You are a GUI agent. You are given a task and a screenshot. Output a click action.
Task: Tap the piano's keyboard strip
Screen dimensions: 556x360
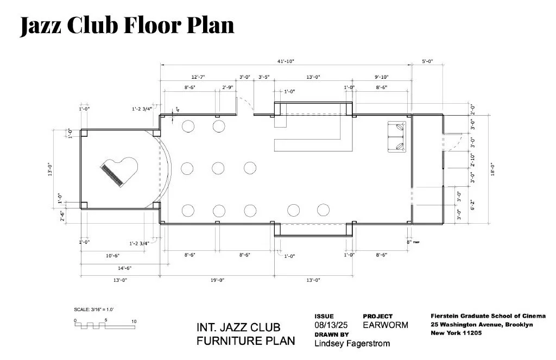coord(112,175)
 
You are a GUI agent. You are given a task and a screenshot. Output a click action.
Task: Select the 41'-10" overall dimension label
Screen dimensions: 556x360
coord(286,61)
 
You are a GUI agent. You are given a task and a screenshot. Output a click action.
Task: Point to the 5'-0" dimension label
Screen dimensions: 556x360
coord(427,61)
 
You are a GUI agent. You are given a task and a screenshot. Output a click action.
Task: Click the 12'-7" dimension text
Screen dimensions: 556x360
coord(198,77)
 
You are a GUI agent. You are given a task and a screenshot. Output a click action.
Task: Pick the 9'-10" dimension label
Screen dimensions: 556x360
coord(382,77)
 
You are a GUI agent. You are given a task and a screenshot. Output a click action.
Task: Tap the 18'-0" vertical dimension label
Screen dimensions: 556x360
coord(492,169)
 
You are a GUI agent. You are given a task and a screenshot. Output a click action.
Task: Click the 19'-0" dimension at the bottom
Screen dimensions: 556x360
coord(217,280)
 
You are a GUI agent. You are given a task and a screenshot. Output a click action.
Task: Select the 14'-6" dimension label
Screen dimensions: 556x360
coord(124,268)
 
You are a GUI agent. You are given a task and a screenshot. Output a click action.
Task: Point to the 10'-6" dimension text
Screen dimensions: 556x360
coord(112,256)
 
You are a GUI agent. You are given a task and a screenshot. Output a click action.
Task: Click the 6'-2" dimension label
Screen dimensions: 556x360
coord(472,205)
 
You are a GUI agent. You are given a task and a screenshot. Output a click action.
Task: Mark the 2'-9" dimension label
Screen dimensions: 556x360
coord(228,87)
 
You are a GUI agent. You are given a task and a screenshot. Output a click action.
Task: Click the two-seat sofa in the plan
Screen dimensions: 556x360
coord(397,137)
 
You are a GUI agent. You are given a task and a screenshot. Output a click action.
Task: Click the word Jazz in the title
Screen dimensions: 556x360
coord(40,26)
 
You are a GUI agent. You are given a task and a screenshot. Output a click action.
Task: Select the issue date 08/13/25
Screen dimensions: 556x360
coord(331,325)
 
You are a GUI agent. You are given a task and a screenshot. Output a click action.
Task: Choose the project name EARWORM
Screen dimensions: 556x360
coord(386,325)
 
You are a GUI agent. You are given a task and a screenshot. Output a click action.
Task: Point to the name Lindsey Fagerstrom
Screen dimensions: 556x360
coord(352,343)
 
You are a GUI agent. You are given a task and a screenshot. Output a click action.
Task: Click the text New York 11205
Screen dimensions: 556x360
coord(456,333)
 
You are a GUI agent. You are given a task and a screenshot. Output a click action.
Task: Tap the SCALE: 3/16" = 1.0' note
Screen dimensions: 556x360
coord(93,310)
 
